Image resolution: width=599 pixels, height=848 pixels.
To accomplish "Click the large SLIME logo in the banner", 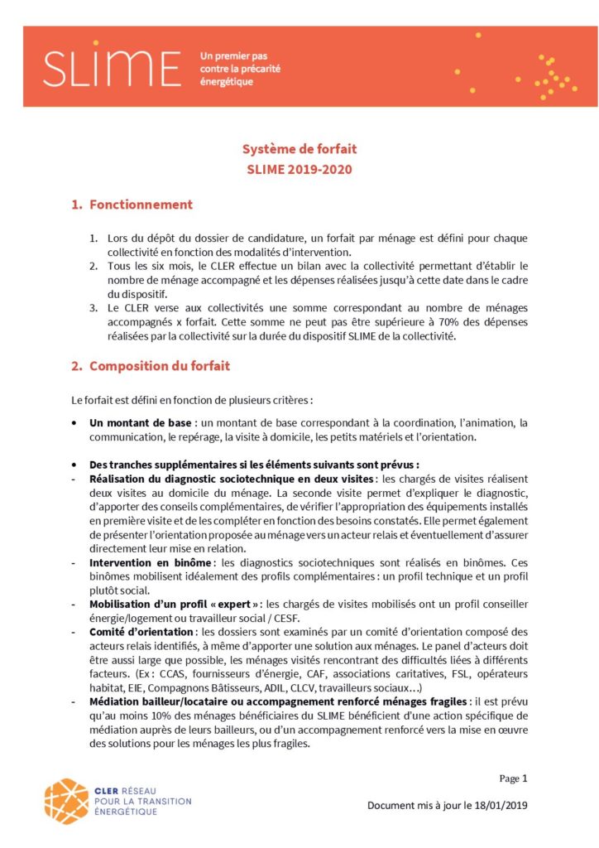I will point(113,68).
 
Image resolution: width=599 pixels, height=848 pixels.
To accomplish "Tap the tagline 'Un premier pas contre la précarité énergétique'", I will point(240,69).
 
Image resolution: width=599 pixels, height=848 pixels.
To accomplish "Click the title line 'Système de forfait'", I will point(299,150).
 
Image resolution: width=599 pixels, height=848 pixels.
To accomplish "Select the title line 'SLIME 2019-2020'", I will point(299,170).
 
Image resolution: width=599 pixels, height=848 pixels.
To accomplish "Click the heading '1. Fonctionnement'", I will point(132,205).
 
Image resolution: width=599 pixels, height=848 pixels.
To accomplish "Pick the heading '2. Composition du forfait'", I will point(151,366).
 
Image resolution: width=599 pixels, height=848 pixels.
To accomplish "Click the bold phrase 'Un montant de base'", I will point(140,423).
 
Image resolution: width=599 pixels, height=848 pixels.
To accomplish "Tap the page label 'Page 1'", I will point(513,778).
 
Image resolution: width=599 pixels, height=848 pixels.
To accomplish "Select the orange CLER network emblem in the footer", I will point(66,801).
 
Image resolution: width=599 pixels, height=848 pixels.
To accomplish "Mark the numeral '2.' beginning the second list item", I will point(94,266).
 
